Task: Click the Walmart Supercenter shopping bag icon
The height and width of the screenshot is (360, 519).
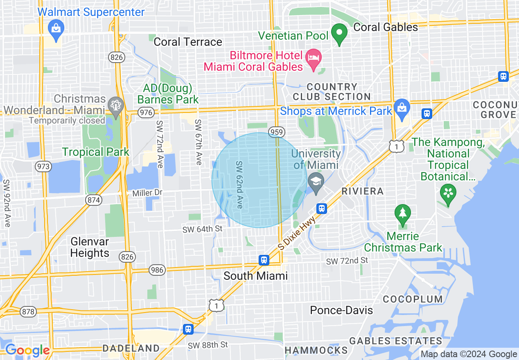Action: pos(55,29)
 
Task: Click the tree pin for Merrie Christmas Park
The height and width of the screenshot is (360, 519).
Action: pos(403,213)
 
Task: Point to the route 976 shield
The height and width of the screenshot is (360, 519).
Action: pos(146,112)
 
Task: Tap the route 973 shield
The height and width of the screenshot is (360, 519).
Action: pos(43,166)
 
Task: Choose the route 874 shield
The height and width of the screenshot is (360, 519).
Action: pos(94,200)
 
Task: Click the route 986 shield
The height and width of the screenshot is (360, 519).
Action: pos(157,270)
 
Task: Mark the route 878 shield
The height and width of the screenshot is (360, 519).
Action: pos(28,312)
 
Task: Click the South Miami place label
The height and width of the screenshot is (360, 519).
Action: pos(255,276)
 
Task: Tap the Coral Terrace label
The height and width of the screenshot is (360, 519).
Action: pos(188,42)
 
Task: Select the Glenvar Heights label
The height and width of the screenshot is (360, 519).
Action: pos(90,247)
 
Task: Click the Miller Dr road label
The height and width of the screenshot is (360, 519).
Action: pos(147,193)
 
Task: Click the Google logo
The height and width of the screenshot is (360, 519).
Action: pos(27,350)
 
